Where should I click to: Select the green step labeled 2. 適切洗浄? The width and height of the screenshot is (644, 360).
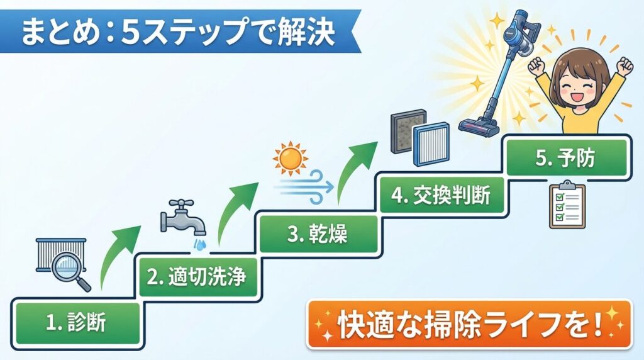point(197,277)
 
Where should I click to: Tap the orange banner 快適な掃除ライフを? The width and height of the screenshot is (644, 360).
point(469,325)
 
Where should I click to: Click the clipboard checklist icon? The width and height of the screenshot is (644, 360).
point(567,205)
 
